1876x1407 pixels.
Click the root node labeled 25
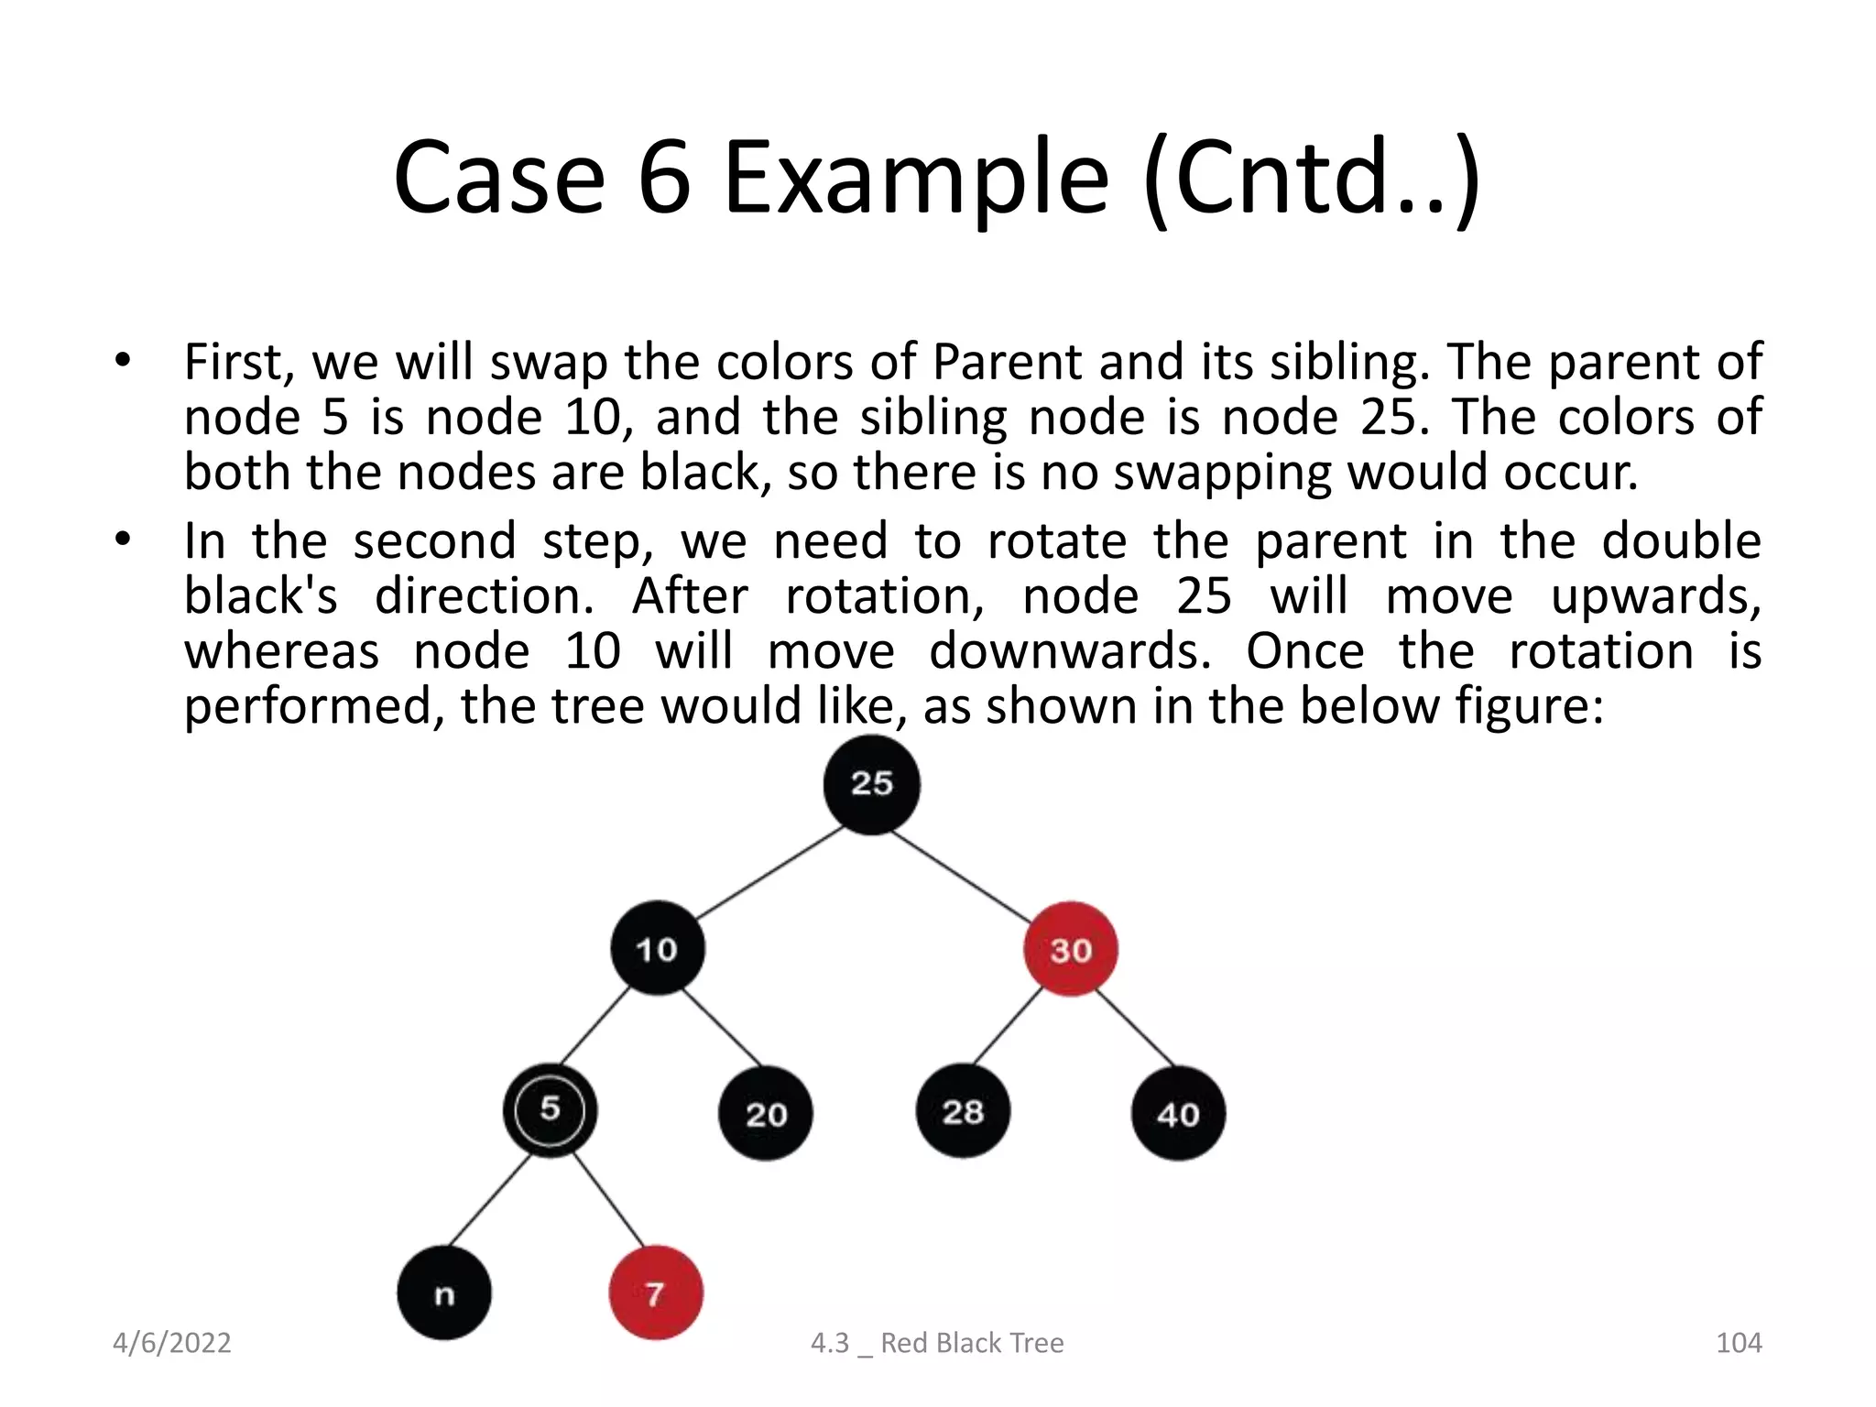871,785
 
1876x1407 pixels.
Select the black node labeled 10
658,949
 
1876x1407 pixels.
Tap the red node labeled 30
1070,950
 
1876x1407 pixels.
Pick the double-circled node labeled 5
550,1110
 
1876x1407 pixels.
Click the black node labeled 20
766,1114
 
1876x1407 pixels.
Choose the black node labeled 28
963,1112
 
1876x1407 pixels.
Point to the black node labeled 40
1178,1114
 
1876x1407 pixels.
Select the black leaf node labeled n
444,1293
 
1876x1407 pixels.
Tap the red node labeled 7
656,1293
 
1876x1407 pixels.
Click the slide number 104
1738,1343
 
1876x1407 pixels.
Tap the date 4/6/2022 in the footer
171,1343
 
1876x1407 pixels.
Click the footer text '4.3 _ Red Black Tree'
937,1343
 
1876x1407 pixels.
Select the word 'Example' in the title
916,179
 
